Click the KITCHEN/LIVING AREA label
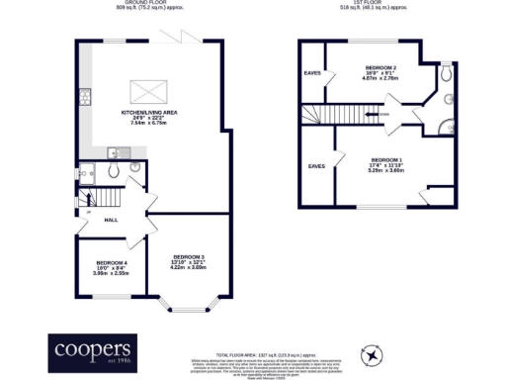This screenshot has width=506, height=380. pyautogui.click(x=148, y=114)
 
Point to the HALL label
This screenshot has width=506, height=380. pyautogui.click(x=111, y=220)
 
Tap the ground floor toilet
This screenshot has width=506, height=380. pyautogui.click(x=135, y=169)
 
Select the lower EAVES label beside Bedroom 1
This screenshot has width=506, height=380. pyautogui.click(x=317, y=165)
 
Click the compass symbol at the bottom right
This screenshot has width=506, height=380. pyautogui.click(x=372, y=353)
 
